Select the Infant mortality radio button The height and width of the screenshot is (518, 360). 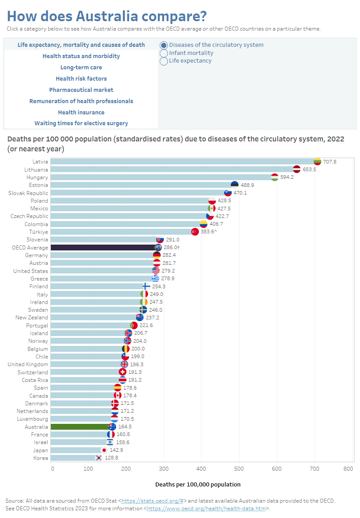pos(164,53)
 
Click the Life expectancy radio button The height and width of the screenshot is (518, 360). pos(164,61)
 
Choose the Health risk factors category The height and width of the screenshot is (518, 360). pos(81,79)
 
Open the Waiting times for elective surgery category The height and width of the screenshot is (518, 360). pos(81,123)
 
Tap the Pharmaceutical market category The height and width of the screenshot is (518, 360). pos(81,90)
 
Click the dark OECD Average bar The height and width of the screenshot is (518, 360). pos(103,248)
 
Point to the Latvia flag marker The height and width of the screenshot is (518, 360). pos(317,161)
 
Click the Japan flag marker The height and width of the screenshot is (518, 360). pos(104,450)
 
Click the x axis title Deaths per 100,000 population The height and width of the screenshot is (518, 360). pos(198,485)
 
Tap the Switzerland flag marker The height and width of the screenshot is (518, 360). pos(122,372)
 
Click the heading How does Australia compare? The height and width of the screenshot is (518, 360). pos(107,16)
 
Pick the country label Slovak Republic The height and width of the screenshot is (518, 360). pos(28,193)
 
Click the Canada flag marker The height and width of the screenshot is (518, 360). pos(117,395)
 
